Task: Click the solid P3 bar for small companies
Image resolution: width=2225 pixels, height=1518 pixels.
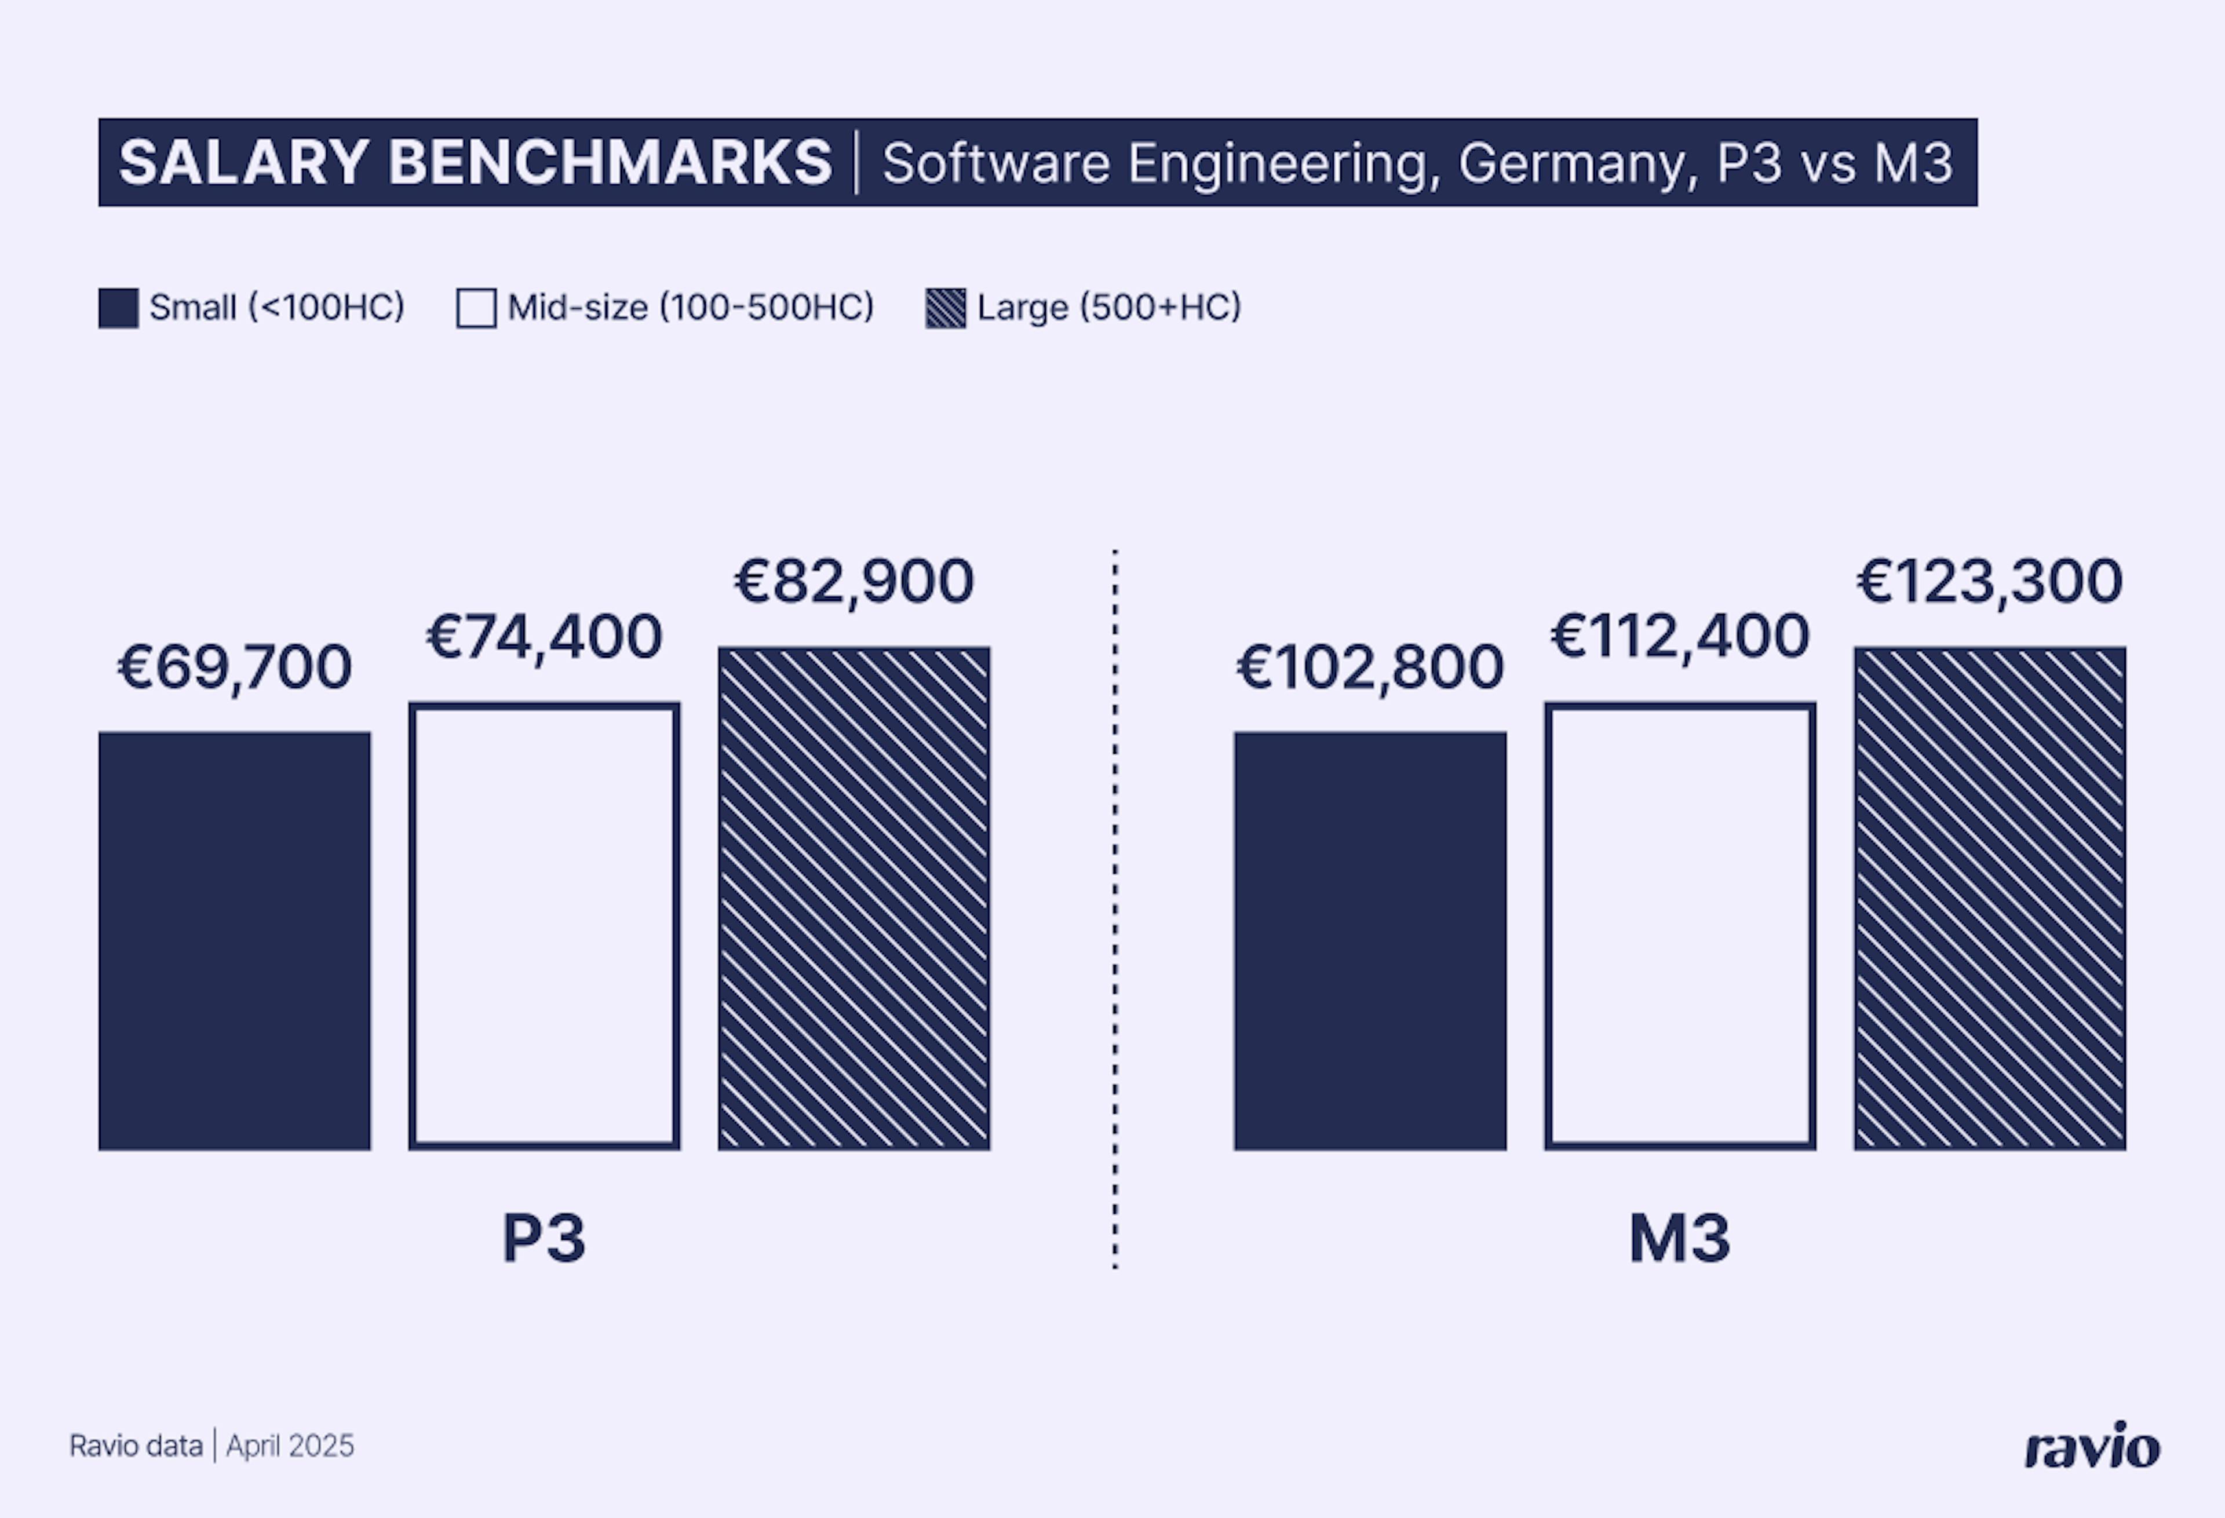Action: coord(235,941)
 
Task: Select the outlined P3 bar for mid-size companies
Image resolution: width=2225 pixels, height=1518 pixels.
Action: coord(544,925)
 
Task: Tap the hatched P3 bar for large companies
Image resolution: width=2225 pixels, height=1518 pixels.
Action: coord(854,898)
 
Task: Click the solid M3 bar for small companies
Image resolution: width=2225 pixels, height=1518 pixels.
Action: coord(1369,941)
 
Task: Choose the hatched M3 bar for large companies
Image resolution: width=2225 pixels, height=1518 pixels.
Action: coord(1990,898)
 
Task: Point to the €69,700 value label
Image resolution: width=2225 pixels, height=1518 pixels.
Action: coord(235,667)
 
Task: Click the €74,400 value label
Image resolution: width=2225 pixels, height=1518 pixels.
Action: coord(544,637)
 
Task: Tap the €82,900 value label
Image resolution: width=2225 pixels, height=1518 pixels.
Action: coord(854,581)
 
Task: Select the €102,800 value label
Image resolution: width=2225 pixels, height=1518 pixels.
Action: coord(1369,667)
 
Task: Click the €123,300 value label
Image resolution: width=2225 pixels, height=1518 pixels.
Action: coord(1990,581)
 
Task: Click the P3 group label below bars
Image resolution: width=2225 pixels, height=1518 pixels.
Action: coord(544,1239)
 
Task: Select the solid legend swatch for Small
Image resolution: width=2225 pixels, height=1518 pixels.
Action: coord(119,308)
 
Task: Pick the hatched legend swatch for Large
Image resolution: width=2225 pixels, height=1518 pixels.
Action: coord(945,308)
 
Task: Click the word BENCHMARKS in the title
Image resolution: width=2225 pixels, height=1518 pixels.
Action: coord(610,162)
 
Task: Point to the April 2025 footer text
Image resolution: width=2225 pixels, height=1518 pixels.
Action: coord(290,1445)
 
